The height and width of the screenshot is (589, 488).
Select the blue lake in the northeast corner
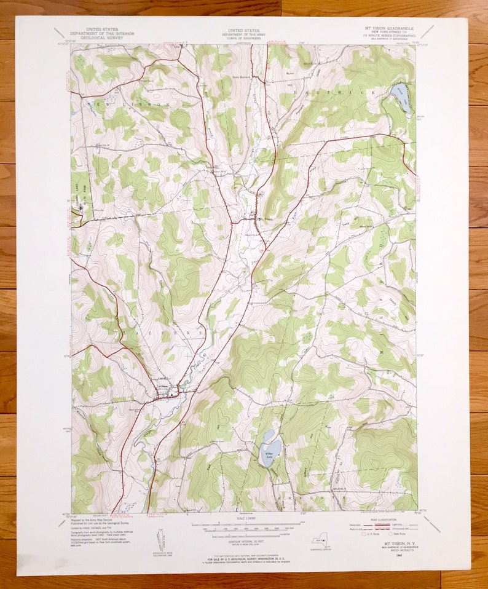401,97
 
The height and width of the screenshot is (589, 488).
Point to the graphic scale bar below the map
243,528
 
